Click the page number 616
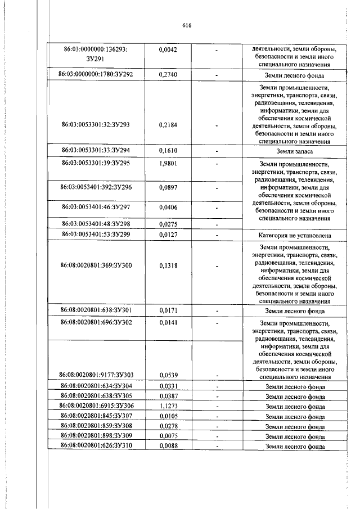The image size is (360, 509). pos(187,25)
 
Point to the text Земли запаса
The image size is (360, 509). pos(295,152)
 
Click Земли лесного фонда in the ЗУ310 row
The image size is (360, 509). pos(295,447)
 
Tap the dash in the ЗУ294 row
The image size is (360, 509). pos(217,152)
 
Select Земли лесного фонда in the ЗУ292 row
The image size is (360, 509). pos(295,74)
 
